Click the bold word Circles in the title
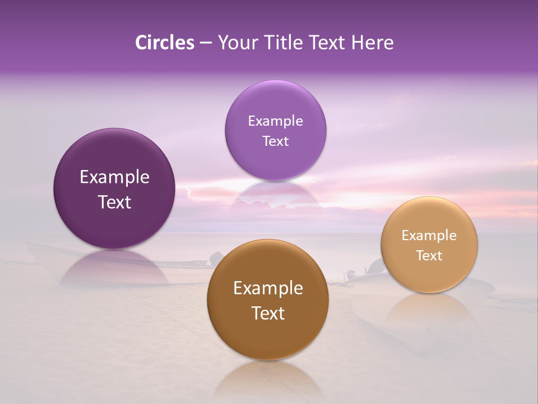(164, 43)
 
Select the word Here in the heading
(373, 43)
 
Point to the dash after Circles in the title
(205, 43)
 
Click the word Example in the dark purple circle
(114, 177)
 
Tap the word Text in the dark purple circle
(114, 202)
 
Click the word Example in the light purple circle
(275, 121)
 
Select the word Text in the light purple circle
(275, 141)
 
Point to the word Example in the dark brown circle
(268, 288)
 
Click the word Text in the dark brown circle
(268, 313)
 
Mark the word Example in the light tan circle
(429, 235)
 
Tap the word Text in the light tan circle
(429, 255)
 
